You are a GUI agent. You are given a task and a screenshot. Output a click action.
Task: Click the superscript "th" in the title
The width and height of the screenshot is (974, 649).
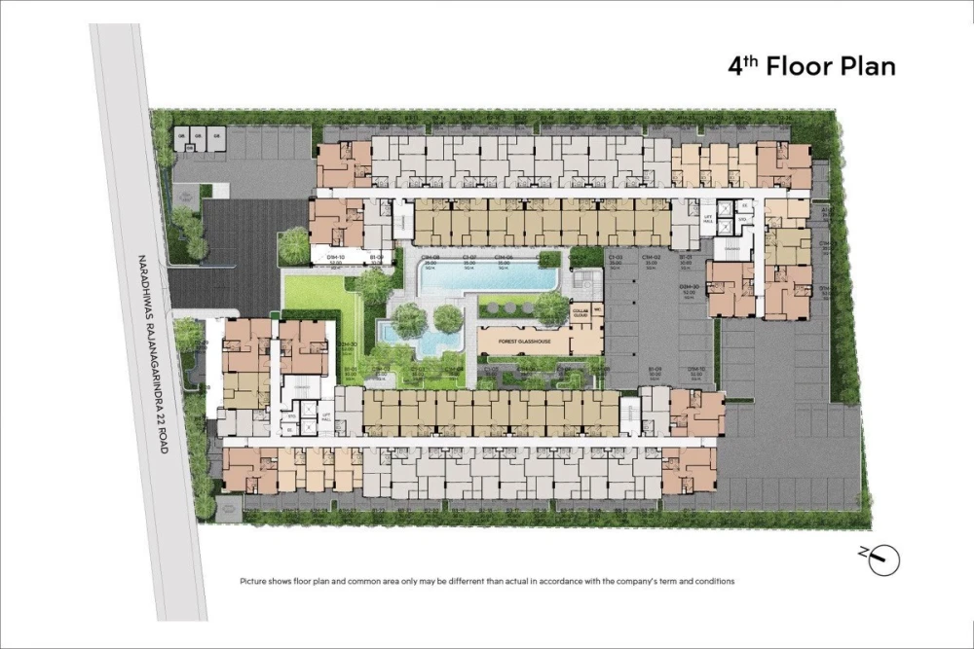[x=750, y=60]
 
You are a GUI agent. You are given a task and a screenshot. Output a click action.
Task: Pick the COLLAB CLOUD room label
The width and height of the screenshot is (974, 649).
[x=581, y=313]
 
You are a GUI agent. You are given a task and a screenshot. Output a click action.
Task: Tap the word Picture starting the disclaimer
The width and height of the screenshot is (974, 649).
[x=254, y=581]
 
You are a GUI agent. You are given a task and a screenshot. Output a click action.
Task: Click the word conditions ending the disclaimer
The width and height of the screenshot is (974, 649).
[x=711, y=581]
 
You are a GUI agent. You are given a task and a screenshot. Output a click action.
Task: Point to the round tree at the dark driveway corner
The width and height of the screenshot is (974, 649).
[x=293, y=245]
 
